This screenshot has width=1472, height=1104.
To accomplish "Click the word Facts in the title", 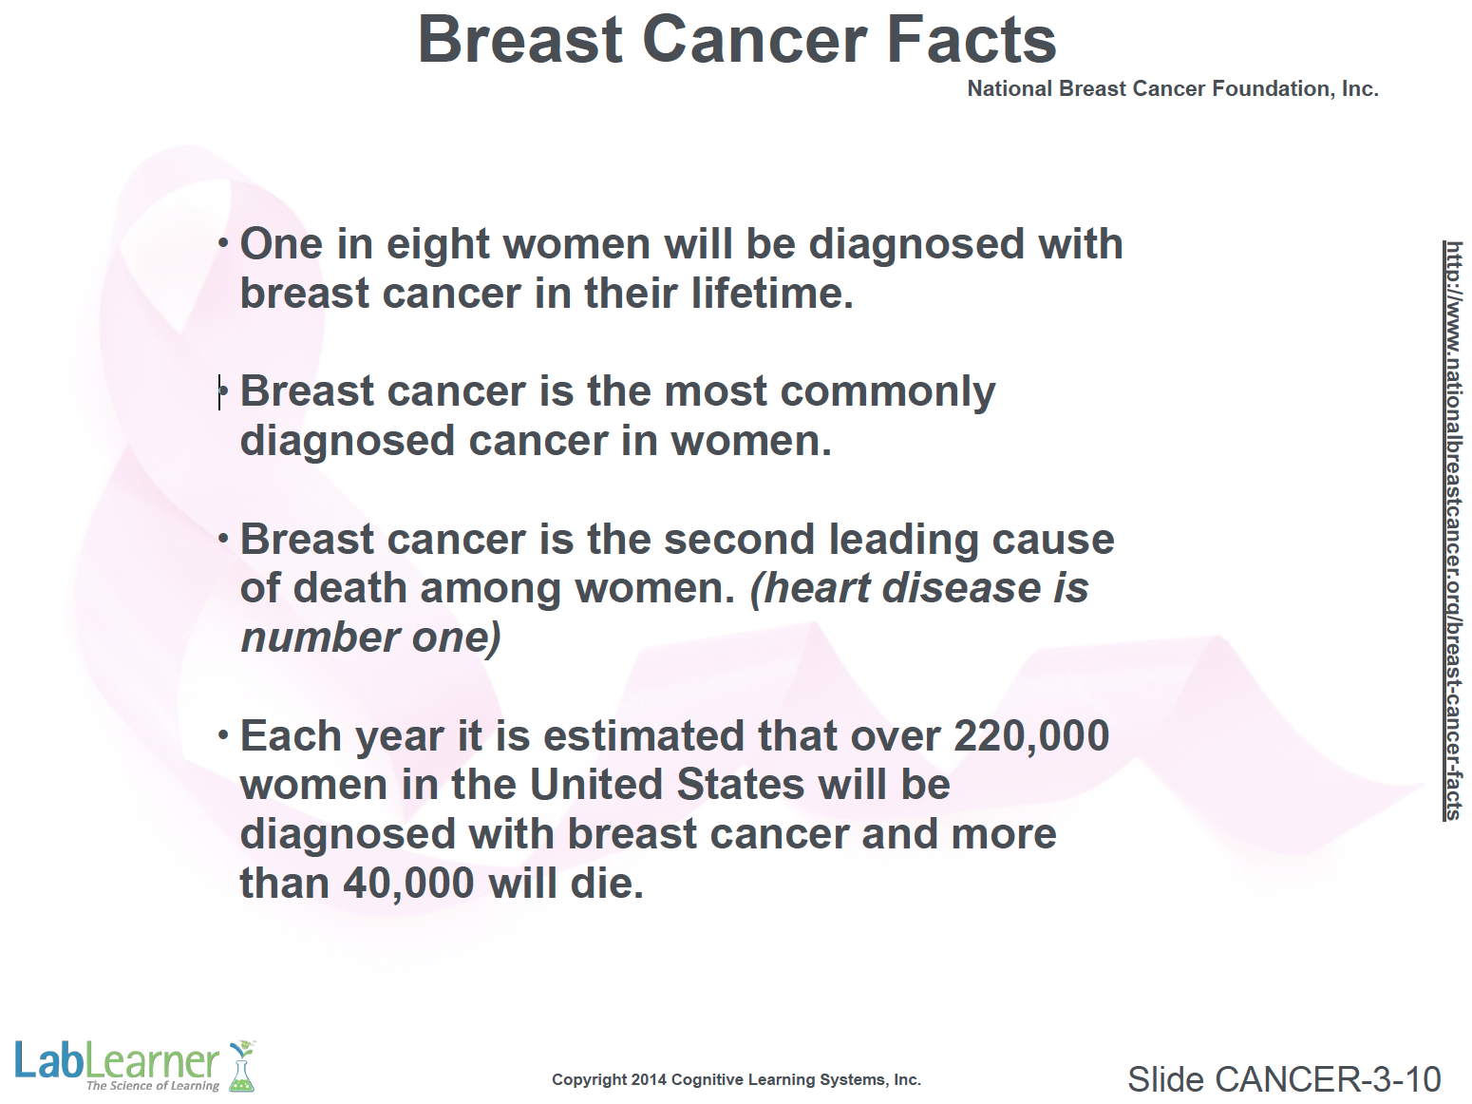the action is [972, 40].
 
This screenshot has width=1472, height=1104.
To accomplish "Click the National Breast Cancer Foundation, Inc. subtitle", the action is [1173, 88].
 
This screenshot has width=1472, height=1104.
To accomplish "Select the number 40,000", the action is [408, 884].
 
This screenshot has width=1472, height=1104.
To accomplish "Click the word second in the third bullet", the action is [732, 539].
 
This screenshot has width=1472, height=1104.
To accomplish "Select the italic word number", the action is [319, 638].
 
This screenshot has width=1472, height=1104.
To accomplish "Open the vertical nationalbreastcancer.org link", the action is [1453, 530].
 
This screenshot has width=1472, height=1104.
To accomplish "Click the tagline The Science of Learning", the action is [153, 1086].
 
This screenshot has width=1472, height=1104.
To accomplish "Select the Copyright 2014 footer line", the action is [736, 1080].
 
